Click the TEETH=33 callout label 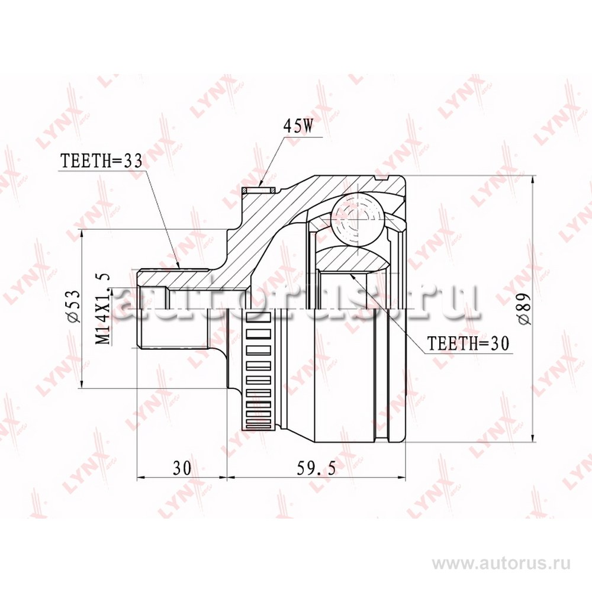pos(102,161)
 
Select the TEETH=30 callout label pos(468,343)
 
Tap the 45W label pos(298,127)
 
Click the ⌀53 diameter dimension pos(73,306)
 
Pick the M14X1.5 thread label pos(102,308)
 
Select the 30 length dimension pos(182,468)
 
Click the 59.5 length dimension pos(316,468)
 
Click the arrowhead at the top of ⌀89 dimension pos(532,181)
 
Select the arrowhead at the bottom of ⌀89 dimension pos(532,437)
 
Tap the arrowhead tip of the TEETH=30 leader pos(350,274)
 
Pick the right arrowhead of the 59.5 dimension pos(405,478)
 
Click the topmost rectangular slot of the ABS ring pos(259,307)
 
